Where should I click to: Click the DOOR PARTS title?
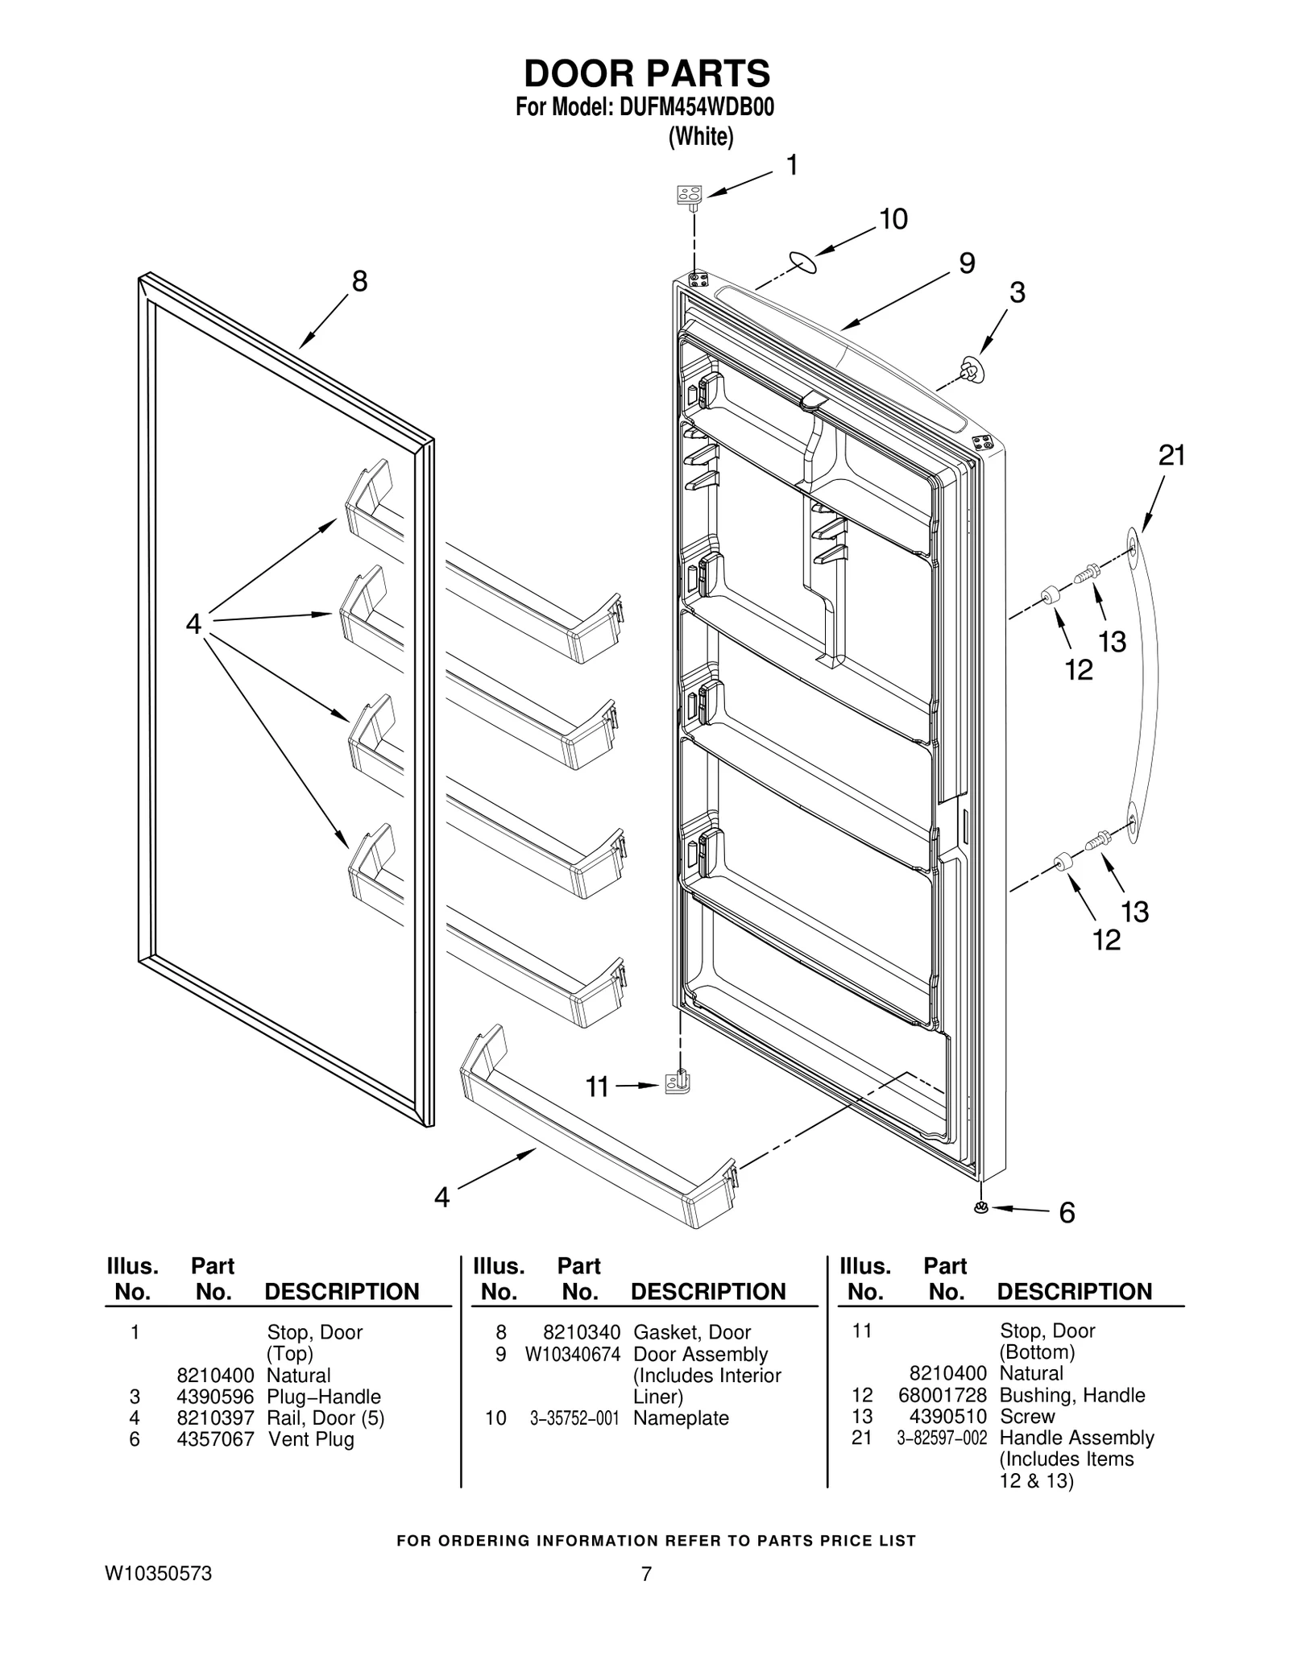coord(647,74)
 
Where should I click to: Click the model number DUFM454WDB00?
coord(696,108)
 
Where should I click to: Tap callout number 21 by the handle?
coord(1171,456)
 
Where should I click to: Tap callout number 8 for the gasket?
coord(359,281)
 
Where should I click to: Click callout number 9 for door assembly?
coord(967,263)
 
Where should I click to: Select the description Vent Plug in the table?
coord(311,1439)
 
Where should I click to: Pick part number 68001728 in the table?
coord(942,1395)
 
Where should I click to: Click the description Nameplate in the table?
coord(681,1418)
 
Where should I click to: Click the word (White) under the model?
coord(701,138)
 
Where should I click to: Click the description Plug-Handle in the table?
coord(323,1397)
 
